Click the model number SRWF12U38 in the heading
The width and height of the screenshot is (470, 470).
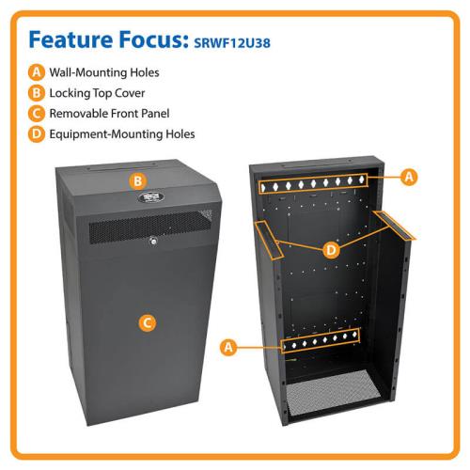tap(232, 42)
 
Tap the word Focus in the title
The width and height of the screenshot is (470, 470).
tap(153, 39)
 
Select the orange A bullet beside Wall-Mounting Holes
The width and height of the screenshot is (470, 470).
tap(37, 72)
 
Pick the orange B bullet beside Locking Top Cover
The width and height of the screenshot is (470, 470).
tap(37, 93)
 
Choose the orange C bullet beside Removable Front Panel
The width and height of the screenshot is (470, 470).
tap(37, 114)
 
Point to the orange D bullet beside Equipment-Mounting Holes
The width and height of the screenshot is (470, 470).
tap(37, 134)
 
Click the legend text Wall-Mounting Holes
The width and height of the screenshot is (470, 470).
tap(104, 72)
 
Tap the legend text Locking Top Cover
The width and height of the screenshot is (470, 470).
tap(97, 93)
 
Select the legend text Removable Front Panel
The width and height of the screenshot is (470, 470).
tap(109, 114)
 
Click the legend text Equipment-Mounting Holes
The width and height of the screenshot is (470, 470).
tap(122, 134)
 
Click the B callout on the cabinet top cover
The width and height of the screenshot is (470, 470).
tap(138, 181)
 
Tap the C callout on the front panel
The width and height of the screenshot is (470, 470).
tap(148, 322)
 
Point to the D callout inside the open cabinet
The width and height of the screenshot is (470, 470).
tap(331, 250)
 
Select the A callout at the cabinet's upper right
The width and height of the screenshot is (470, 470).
tap(409, 177)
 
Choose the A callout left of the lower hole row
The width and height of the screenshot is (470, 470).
tap(228, 347)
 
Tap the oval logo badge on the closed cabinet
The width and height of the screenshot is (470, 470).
tap(151, 197)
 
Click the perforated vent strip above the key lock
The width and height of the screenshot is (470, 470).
tap(150, 227)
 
